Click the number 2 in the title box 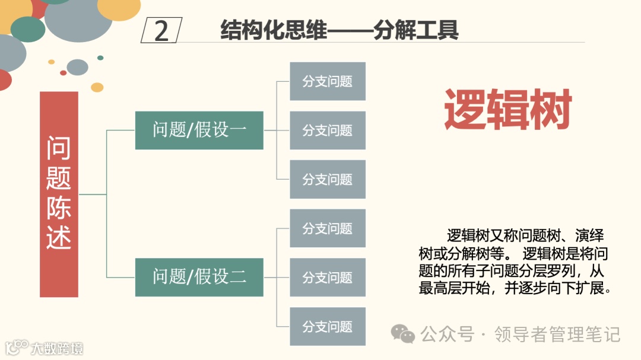[x=161, y=31]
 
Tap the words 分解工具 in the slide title [x=416, y=30]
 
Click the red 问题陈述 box [x=59, y=194]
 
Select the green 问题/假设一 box [x=199, y=130]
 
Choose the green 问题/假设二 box [x=199, y=276]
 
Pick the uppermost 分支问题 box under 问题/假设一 [x=327, y=81]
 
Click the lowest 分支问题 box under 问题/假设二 [x=327, y=326]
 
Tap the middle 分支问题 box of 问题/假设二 [x=327, y=277]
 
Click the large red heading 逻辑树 [x=507, y=110]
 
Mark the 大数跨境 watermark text [x=57, y=348]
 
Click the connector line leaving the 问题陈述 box [x=92, y=194]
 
